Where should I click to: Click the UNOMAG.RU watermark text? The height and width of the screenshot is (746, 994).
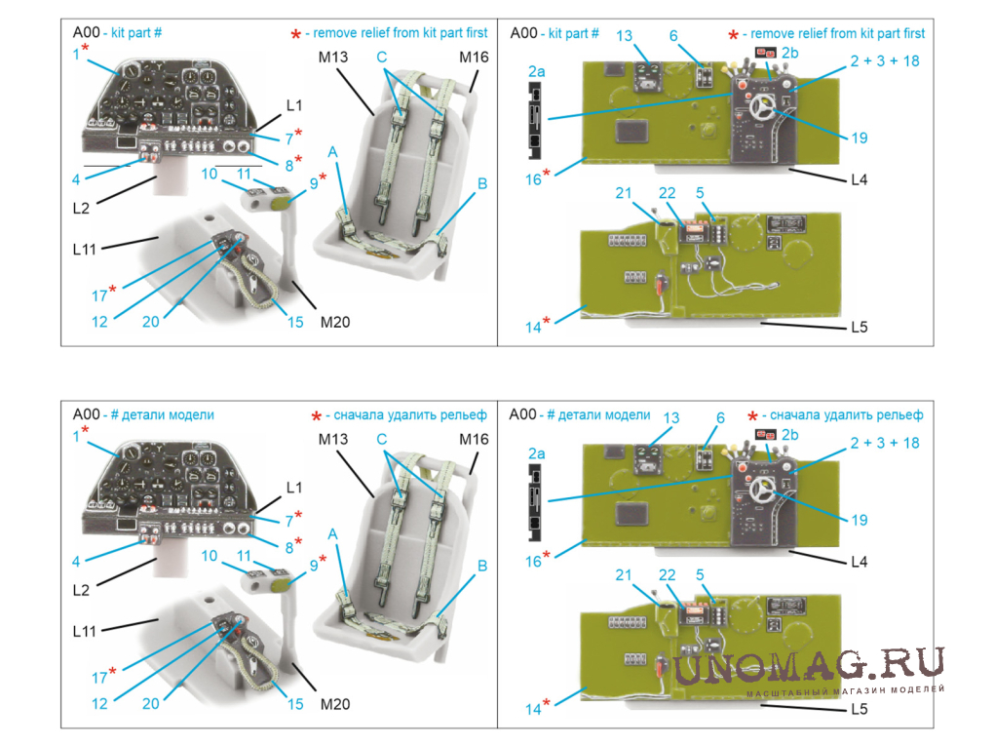809,665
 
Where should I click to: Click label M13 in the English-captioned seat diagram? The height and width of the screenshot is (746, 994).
332,58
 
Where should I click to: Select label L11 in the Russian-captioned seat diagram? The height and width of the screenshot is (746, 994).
85,631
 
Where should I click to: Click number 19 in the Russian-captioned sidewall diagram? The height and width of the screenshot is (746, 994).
859,520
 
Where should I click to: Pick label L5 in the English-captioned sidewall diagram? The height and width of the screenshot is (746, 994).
859,327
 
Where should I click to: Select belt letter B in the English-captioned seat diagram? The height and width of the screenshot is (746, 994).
481,182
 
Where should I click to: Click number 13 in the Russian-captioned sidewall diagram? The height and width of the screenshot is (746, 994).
670,418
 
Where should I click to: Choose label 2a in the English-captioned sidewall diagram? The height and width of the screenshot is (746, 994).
537,71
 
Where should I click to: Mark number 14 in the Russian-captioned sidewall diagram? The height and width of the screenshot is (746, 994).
533,709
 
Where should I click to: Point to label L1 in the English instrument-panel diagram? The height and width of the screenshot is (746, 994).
294,104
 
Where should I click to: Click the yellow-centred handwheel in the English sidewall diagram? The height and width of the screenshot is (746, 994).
757,109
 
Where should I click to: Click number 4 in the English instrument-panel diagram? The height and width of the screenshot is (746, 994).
75,179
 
